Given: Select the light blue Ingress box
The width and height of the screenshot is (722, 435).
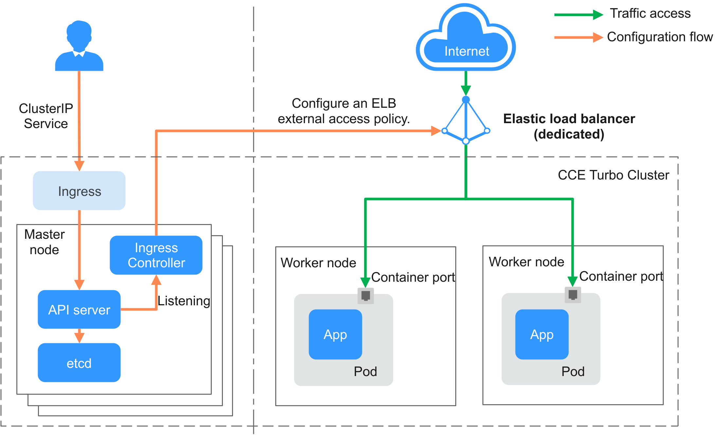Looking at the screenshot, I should [x=79, y=191].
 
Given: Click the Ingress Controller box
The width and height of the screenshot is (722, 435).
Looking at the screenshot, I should [x=156, y=255].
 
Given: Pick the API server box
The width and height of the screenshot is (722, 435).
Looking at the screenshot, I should [x=79, y=310].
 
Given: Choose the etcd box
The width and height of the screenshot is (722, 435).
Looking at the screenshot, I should [x=79, y=363].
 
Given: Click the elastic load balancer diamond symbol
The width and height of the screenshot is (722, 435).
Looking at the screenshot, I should [x=466, y=121].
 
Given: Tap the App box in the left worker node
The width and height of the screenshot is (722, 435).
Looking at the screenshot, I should [x=335, y=334].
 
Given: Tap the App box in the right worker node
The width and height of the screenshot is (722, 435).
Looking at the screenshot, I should [x=542, y=334].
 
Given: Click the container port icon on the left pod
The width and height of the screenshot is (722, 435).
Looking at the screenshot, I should [x=366, y=296].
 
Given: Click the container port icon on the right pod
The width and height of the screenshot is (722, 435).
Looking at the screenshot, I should [x=573, y=295].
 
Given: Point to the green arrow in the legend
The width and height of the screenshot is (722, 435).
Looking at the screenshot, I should [x=578, y=15].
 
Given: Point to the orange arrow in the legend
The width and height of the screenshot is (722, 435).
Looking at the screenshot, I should [x=578, y=37].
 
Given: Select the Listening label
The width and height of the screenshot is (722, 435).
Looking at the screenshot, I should [x=184, y=301].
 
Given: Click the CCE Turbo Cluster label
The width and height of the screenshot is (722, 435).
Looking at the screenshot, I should [x=613, y=175].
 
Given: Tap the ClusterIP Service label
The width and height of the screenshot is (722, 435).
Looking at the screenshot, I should [x=46, y=116].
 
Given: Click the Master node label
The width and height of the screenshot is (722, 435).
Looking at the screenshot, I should [x=45, y=242].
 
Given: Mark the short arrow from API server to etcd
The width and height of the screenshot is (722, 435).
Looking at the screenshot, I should [x=79, y=336].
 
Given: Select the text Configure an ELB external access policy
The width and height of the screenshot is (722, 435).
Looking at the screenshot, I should [x=344, y=111].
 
